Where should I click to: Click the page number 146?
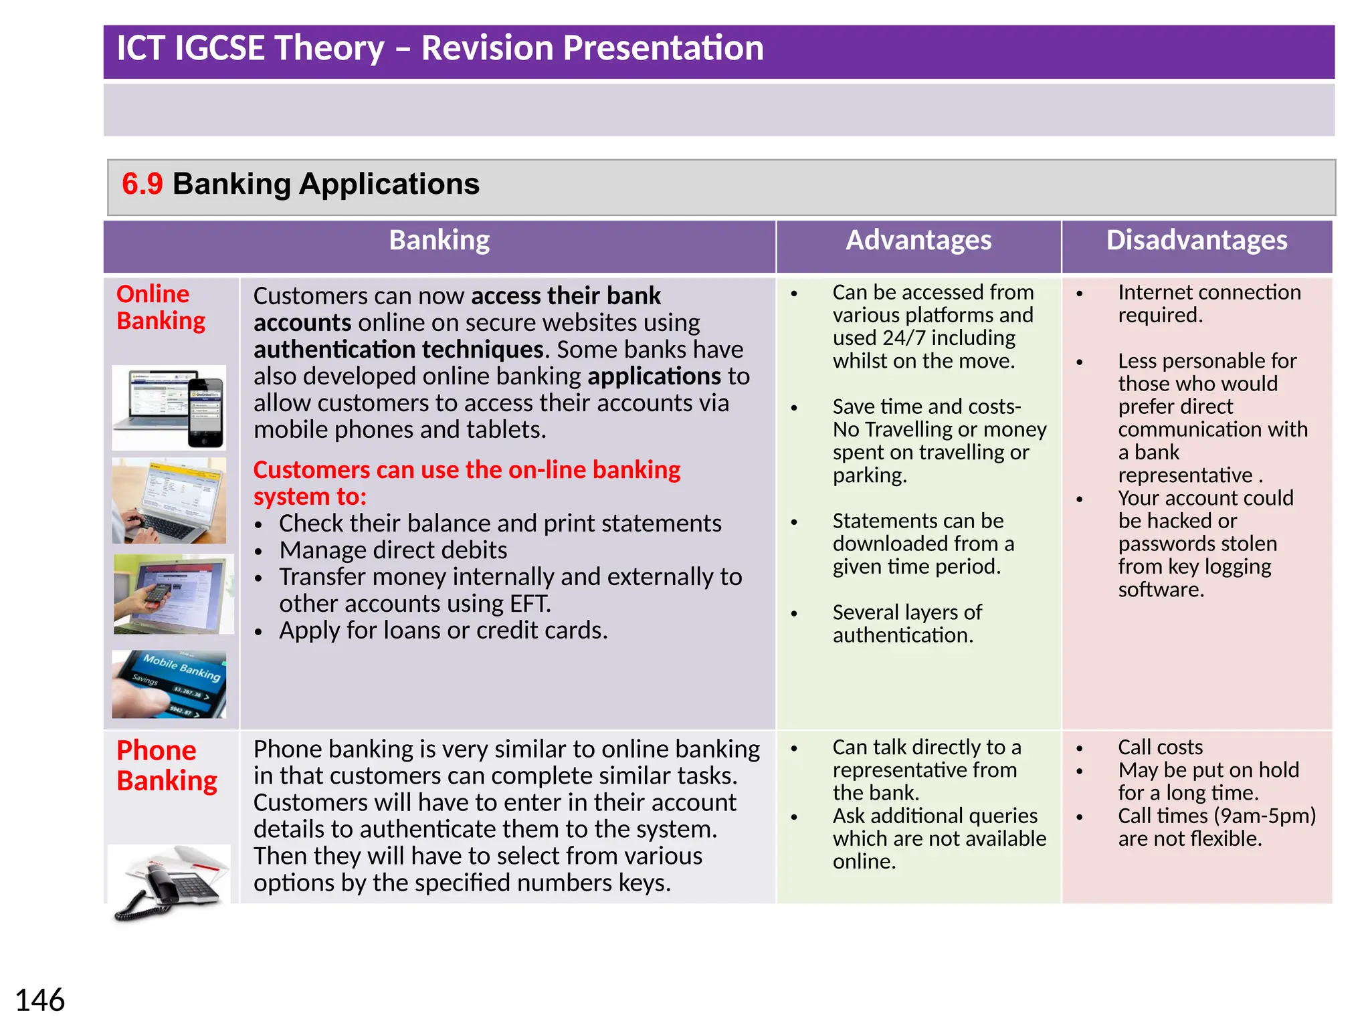(x=40, y=1000)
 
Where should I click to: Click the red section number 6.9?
(x=142, y=184)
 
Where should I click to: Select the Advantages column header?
(x=918, y=240)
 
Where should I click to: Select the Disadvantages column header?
(x=1196, y=240)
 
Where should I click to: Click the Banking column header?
(x=439, y=240)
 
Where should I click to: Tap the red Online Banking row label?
(x=161, y=308)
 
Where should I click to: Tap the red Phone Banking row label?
(x=167, y=766)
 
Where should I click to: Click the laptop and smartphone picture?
(x=169, y=407)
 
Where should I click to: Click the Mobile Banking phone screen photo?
(x=169, y=684)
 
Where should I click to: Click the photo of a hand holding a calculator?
(x=173, y=594)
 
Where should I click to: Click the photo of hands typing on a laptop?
(x=169, y=500)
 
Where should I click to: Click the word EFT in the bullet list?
(x=529, y=604)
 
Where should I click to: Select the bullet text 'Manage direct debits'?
(x=393, y=550)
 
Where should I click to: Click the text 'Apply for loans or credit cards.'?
(x=444, y=631)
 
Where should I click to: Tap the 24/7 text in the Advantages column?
(x=902, y=338)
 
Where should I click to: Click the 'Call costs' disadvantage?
(x=1160, y=747)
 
